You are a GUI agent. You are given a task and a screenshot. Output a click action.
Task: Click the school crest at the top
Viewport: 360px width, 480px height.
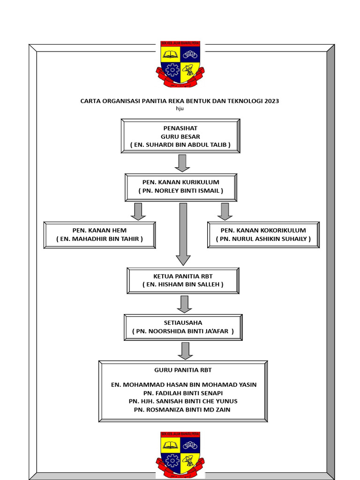[180, 63]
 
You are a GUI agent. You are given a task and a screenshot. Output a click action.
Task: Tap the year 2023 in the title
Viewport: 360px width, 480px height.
[272, 101]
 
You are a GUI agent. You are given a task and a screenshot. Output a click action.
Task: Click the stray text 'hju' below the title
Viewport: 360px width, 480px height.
[180, 108]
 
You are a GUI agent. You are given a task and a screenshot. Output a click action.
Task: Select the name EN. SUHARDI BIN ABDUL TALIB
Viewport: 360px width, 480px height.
[180, 145]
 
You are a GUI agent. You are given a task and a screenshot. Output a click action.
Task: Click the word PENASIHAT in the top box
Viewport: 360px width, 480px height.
[180, 128]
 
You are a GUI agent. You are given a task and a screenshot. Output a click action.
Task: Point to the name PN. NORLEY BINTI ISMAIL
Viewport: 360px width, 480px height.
[180, 191]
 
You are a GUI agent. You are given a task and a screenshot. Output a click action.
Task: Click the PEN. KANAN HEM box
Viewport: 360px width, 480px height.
[99, 235]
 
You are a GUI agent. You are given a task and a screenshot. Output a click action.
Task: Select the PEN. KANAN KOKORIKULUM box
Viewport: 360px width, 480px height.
[263, 235]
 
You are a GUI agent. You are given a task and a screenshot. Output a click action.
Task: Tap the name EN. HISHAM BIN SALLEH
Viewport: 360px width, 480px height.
[183, 285]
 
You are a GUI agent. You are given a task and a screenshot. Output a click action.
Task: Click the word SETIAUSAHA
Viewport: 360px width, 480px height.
[183, 323]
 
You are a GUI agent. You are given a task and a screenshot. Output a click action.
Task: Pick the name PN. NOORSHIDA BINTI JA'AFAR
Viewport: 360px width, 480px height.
[183, 331]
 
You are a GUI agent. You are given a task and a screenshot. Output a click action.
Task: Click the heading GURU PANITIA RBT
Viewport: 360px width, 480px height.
[183, 370]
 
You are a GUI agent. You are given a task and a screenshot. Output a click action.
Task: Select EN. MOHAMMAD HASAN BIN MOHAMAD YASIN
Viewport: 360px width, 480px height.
[183, 385]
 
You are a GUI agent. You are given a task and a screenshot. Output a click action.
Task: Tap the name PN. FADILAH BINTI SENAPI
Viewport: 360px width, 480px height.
[183, 393]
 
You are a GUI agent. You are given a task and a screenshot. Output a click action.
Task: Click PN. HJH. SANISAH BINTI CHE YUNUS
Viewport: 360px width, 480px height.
[183, 401]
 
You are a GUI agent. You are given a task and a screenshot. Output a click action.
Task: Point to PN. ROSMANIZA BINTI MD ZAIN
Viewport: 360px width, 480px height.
[183, 410]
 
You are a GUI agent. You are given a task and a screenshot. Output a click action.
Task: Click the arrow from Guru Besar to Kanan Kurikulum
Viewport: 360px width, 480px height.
[181, 163]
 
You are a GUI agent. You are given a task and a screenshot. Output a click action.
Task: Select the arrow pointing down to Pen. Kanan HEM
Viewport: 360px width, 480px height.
[138, 211]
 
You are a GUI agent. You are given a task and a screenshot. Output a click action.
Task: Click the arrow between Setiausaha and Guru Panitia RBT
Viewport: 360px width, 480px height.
[185, 351]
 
